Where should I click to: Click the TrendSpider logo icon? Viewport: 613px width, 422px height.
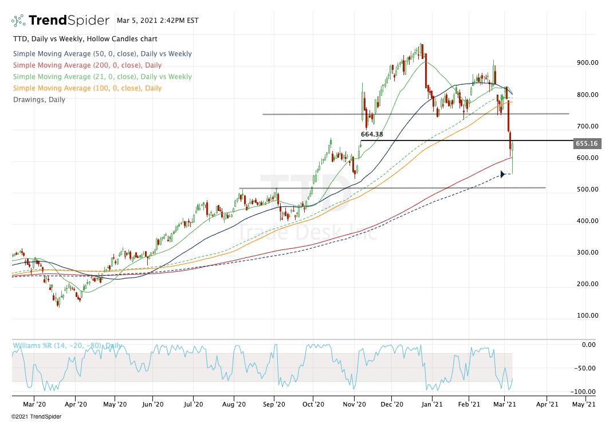click(x=18, y=21)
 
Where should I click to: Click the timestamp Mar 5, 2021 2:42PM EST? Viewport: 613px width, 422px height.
click(x=158, y=20)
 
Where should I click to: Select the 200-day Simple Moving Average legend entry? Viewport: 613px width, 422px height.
click(x=87, y=65)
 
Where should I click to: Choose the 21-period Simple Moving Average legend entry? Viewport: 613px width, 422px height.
click(x=102, y=77)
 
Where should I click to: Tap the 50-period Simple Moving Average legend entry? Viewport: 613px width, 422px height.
click(x=102, y=54)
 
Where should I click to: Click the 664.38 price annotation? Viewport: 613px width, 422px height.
click(x=371, y=134)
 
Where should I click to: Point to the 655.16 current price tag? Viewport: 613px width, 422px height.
click(x=587, y=143)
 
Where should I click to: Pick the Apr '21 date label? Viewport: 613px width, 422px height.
click(x=547, y=404)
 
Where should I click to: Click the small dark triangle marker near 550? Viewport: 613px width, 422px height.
click(x=502, y=174)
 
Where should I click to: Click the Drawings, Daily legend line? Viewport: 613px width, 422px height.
click(x=39, y=100)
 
